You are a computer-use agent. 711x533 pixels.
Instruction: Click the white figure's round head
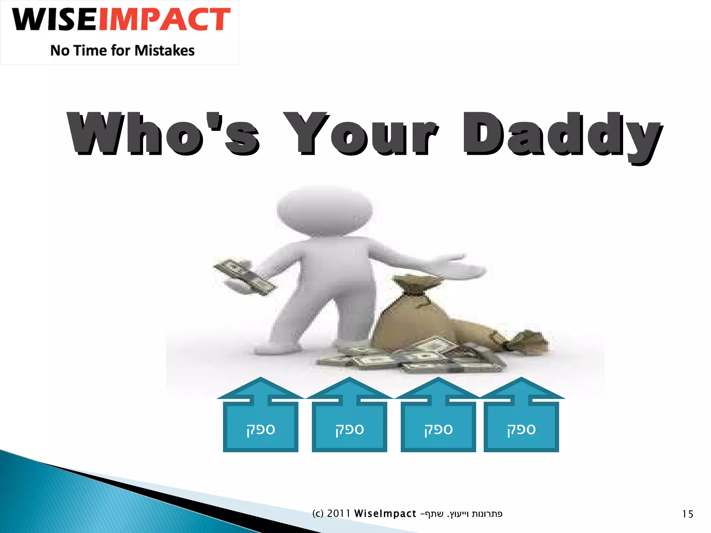point(325,210)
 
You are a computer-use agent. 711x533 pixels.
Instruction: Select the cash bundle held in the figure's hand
point(244,277)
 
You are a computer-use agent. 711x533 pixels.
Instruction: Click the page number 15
point(687,514)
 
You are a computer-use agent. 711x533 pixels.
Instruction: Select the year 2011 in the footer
point(338,514)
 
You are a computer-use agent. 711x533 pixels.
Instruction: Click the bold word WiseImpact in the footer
point(385,514)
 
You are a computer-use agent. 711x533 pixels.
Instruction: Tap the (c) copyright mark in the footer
point(318,514)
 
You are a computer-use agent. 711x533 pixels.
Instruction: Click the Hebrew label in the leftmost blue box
point(261,430)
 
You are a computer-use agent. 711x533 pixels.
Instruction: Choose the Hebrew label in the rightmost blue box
point(521,430)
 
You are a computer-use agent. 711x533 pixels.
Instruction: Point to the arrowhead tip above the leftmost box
point(261,379)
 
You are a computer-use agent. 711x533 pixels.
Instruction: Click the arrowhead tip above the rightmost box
point(521,379)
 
